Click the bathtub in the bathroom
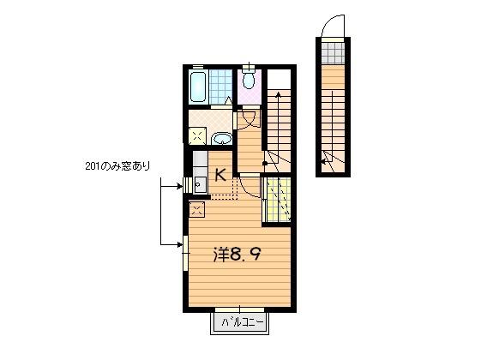point(195,87)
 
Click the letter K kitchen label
point(220,176)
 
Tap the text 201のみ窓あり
point(117,165)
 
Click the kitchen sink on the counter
point(198,183)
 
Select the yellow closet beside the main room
point(276,200)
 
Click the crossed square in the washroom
point(197,135)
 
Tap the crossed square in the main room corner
point(195,208)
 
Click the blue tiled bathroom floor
point(221,86)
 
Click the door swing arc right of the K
point(247,185)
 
